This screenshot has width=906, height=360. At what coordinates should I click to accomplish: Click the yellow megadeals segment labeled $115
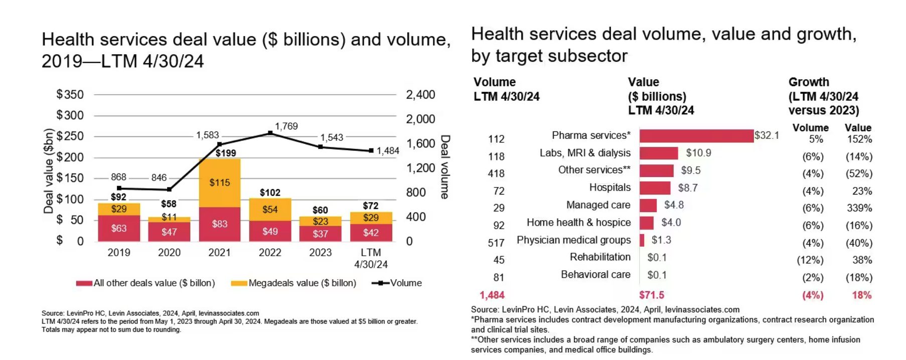point(219,183)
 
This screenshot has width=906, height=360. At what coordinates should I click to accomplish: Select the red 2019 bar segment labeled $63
point(119,228)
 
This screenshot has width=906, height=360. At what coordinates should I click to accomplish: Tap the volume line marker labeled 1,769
point(270,133)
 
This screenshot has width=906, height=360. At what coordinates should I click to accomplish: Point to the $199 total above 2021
point(225,153)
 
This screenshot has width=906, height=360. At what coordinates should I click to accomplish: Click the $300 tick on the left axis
point(70,115)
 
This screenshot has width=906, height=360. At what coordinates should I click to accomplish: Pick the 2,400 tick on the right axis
point(420,95)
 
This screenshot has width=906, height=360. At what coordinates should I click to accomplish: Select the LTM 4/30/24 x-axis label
point(371,258)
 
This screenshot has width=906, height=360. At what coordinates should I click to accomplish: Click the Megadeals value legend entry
point(293,283)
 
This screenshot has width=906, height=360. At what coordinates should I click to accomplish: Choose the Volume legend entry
point(397,283)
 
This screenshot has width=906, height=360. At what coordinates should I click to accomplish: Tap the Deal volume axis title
point(444,167)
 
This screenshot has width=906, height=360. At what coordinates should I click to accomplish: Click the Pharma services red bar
point(696,136)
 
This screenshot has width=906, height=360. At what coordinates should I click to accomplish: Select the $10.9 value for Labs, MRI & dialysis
point(698,153)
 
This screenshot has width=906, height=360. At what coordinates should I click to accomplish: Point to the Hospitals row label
point(610,188)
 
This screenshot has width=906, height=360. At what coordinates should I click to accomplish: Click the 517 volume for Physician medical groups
point(496,243)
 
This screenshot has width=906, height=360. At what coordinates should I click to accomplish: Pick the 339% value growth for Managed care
point(859,208)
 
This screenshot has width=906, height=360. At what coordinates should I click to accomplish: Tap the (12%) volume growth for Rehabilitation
point(810,260)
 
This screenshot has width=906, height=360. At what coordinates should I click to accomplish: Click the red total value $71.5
point(651,295)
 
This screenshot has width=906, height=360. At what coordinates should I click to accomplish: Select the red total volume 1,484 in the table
point(492,295)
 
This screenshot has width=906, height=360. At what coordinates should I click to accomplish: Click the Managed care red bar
point(648,206)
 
